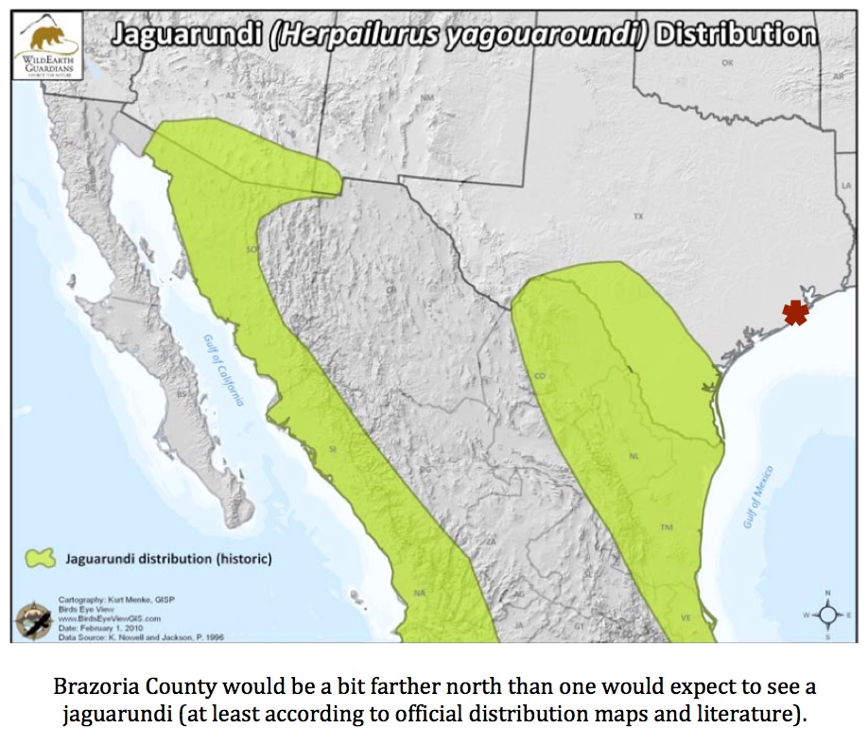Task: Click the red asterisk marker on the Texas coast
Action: click(795, 313)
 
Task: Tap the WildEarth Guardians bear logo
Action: click(43, 39)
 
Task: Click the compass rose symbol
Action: click(828, 615)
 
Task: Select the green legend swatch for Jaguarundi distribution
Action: click(40, 559)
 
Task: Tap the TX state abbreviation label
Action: click(638, 217)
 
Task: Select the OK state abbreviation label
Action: click(727, 62)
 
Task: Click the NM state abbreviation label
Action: click(427, 97)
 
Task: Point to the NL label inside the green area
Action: click(634, 456)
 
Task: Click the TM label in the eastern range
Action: click(666, 527)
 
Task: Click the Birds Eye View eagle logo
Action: click(32, 622)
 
